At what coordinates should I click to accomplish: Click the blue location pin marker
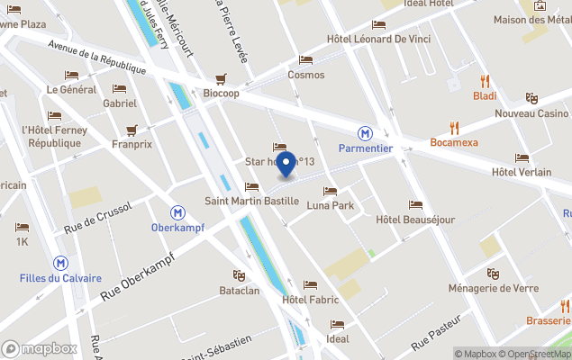click(286, 165)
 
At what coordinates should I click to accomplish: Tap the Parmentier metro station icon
click(366, 132)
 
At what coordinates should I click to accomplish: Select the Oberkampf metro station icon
click(178, 212)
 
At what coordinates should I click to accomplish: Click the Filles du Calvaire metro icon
click(60, 263)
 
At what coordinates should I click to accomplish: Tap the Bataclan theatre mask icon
click(239, 275)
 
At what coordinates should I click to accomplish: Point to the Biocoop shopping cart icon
click(221, 78)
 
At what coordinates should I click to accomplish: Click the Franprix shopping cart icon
click(132, 129)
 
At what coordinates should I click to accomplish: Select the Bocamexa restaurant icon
click(454, 128)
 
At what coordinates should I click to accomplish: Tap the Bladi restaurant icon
click(485, 81)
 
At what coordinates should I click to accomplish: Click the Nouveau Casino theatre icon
click(531, 98)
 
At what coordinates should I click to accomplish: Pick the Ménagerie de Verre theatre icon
click(492, 274)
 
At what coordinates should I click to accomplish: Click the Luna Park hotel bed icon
click(330, 192)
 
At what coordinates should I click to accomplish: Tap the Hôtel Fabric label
click(310, 300)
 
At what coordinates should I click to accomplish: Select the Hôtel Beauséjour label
click(415, 219)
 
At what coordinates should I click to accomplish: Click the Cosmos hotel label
click(305, 75)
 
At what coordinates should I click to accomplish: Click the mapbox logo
click(40, 348)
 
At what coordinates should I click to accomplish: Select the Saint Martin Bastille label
click(251, 200)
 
